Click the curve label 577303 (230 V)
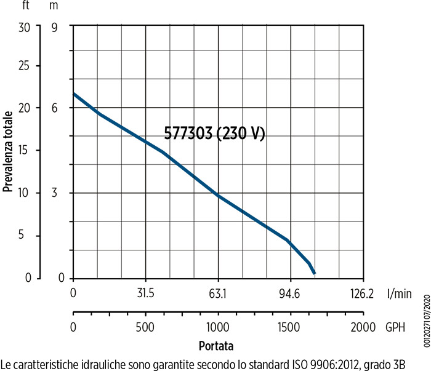pyautogui.click(x=214, y=134)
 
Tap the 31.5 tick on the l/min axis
pyautogui.click(x=145, y=293)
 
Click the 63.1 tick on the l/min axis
pyautogui.click(x=218, y=293)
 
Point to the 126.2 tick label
pyautogui.click(x=362, y=293)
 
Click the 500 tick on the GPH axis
pyautogui.click(x=145, y=326)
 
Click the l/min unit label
pyautogui.click(x=399, y=293)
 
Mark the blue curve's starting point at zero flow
pyautogui.click(x=74, y=94)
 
